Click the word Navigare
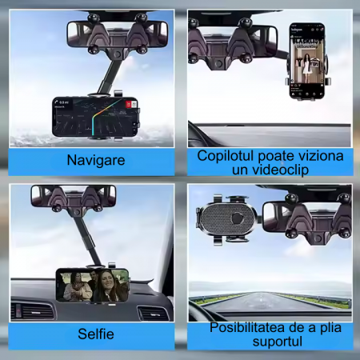95,160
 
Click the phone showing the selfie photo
93,284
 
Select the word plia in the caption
326,327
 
